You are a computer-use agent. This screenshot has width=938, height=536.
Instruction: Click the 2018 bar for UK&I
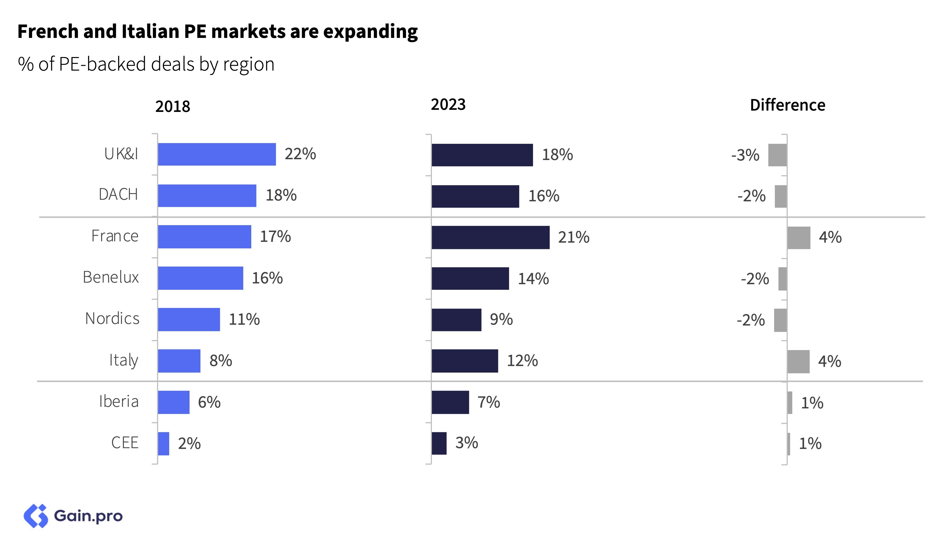(x=217, y=154)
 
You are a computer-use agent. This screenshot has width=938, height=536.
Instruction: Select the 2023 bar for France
(x=490, y=237)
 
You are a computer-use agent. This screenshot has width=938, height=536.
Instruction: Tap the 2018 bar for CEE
(x=163, y=444)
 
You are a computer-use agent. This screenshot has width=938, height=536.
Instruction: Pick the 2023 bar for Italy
(x=465, y=361)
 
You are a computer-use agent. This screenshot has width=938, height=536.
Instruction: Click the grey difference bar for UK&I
(x=777, y=155)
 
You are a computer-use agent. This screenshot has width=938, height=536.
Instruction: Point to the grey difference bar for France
(x=799, y=238)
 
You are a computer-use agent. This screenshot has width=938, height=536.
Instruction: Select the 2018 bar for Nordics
(x=189, y=320)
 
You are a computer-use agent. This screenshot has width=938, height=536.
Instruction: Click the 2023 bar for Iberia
(x=450, y=402)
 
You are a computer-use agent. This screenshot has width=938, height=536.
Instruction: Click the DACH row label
(x=118, y=194)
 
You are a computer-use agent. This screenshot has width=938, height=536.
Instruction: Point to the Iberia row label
(x=118, y=401)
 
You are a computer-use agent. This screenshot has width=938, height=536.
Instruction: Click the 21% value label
(x=574, y=237)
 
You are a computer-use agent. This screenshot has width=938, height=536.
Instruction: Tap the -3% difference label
(x=745, y=155)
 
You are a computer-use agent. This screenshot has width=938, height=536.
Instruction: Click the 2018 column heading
(x=173, y=106)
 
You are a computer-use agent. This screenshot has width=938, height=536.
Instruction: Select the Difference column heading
(x=787, y=105)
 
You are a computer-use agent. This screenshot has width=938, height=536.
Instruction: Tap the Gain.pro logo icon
(x=36, y=516)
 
